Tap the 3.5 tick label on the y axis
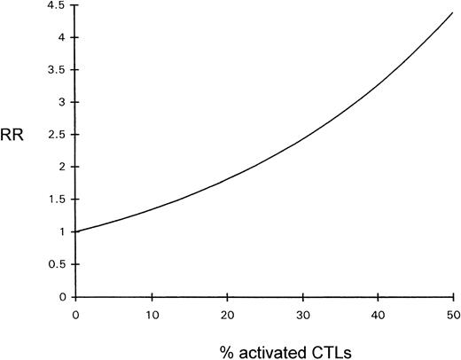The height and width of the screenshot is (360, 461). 59,70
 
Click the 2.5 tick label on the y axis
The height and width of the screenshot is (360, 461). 59,135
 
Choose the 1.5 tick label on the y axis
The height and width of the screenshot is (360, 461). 59,200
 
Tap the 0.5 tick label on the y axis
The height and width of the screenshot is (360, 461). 59,264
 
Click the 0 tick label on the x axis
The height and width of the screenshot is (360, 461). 76,311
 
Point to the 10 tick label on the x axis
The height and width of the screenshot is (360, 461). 152,311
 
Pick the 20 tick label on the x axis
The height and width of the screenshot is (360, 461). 228,311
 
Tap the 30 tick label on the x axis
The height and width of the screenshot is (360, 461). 303,311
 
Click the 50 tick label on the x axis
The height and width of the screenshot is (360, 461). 454,311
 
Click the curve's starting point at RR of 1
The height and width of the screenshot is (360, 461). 77,231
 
